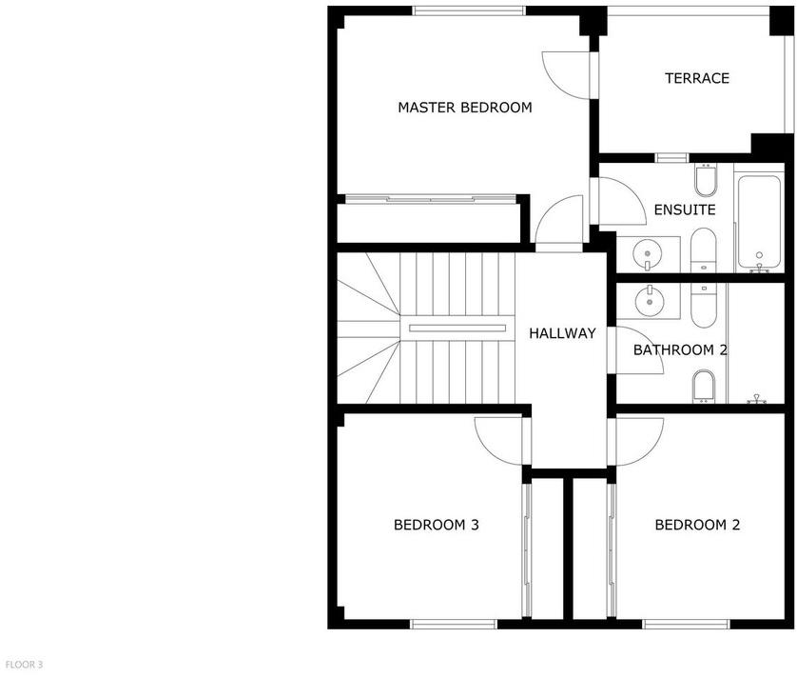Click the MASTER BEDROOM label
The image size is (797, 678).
(464, 108)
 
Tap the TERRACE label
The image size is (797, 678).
(697, 78)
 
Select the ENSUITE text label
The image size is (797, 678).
(685, 209)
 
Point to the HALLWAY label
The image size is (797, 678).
(562, 333)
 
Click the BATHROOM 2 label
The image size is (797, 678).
(680, 350)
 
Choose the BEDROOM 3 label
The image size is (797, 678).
(437, 525)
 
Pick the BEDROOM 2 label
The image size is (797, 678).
(697, 525)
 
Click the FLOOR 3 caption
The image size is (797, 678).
(24, 665)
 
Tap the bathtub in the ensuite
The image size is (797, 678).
(759, 222)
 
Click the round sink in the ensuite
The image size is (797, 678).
(648, 253)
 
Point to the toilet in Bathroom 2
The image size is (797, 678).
(704, 306)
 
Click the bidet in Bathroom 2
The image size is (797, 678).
(704, 386)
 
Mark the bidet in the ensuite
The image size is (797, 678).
(706, 181)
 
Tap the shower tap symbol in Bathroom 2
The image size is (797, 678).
(757, 400)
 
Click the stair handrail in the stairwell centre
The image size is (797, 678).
(457, 329)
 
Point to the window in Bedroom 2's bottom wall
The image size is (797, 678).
(686, 624)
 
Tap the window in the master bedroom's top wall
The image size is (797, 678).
(469, 10)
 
